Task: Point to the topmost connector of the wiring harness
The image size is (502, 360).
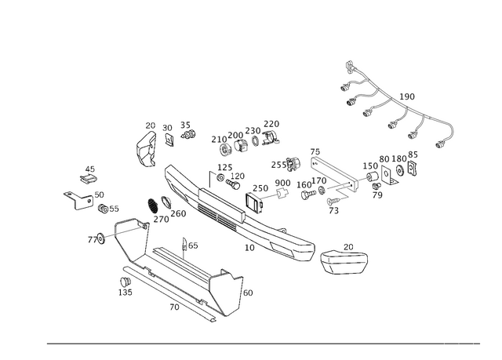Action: pyautogui.click(x=349, y=63)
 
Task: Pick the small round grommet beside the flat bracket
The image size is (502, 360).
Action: pyautogui.click(x=293, y=163)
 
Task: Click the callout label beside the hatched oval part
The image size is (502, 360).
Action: pyautogui.click(x=180, y=213)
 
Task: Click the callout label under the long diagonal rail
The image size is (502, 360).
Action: pyautogui.click(x=250, y=248)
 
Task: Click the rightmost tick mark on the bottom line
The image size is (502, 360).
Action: pyautogui.click(x=473, y=344)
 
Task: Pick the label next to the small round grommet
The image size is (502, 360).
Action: pyautogui.click(x=276, y=165)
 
